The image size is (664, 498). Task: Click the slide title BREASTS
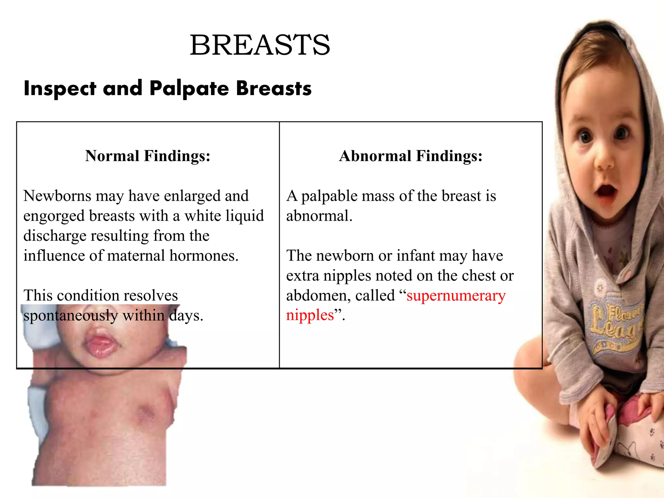(260, 45)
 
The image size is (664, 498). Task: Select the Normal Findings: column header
(148, 156)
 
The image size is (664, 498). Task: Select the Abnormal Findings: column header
(411, 156)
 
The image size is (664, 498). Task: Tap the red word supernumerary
(456, 296)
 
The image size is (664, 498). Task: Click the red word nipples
(310, 315)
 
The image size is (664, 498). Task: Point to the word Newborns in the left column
(57, 196)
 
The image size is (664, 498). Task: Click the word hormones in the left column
(204, 256)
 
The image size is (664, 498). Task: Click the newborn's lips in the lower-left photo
(101, 344)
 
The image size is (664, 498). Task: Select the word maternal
(136, 256)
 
